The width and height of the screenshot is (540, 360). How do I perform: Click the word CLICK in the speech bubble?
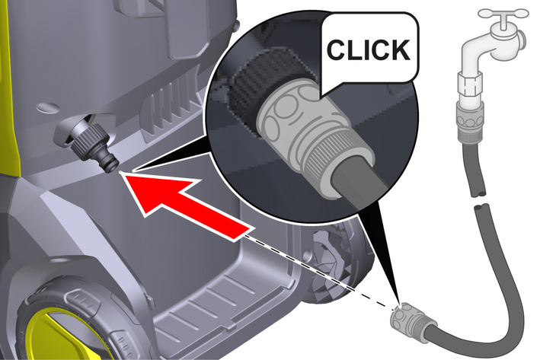click(x=368, y=49)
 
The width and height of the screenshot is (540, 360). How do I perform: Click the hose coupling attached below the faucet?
click(x=471, y=123)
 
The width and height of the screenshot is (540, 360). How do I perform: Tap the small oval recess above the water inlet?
click(x=49, y=107)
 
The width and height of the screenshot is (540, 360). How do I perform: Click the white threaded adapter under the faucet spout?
click(x=469, y=86)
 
